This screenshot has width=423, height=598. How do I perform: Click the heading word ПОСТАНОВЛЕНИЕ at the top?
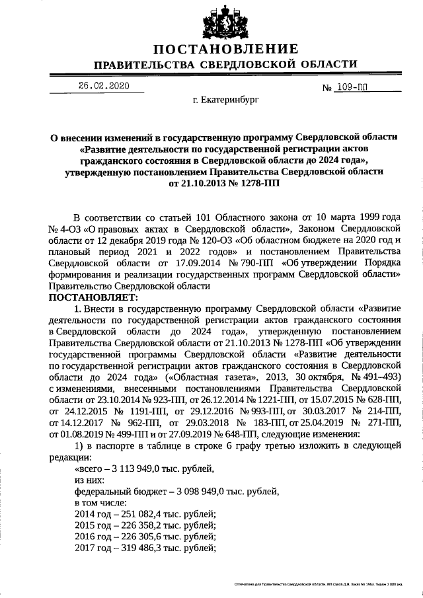225,49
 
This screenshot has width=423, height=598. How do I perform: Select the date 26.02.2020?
101,87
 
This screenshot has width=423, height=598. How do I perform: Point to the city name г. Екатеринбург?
226,101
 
